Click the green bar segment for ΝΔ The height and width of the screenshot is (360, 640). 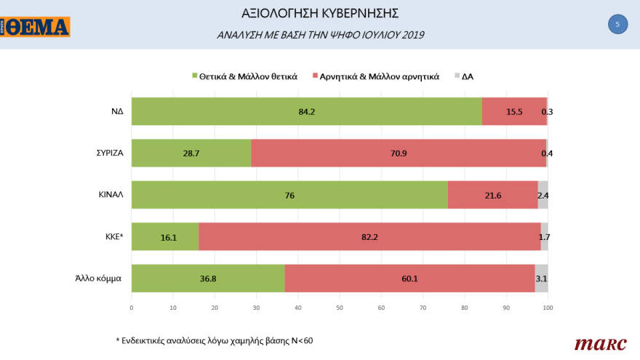[x=305, y=112]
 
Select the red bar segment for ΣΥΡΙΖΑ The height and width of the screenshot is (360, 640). [x=399, y=153]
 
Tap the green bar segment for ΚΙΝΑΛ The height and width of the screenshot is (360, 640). [x=289, y=195]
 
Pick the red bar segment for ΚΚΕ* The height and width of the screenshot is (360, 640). [x=369, y=236]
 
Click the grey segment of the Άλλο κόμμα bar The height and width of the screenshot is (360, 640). [x=541, y=279]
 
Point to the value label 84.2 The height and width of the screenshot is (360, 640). [x=305, y=112]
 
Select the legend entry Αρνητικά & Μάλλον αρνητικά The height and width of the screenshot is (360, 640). [x=375, y=76]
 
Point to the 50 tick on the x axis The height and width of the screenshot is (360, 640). [x=340, y=308]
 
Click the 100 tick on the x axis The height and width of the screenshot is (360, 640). [x=548, y=308]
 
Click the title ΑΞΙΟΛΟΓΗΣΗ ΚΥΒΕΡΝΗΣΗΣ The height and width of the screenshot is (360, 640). [x=320, y=14]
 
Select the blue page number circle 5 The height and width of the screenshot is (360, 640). [x=617, y=25]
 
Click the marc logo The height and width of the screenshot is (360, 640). [x=596, y=343]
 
